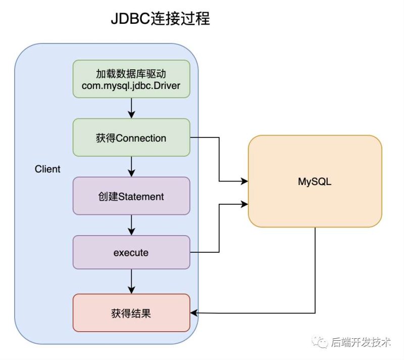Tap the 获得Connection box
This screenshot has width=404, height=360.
click(x=131, y=138)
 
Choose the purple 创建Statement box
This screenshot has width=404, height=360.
click(x=131, y=196)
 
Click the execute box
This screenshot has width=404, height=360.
click(x=131, y=252)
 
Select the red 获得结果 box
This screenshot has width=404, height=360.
click(x=131, y=313)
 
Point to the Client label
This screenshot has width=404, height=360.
click(x=47, y=169)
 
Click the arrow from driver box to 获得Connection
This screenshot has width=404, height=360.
click(x=131, y=108)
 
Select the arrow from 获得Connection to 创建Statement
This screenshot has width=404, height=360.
click(x=131, y=166)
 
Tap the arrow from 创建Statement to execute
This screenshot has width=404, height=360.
click(x=131, y=224)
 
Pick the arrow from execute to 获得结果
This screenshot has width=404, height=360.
click(x=131, y=281)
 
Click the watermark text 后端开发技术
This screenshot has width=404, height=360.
click(x=361, y=343)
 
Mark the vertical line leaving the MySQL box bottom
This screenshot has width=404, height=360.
click(x=315, y=268)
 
